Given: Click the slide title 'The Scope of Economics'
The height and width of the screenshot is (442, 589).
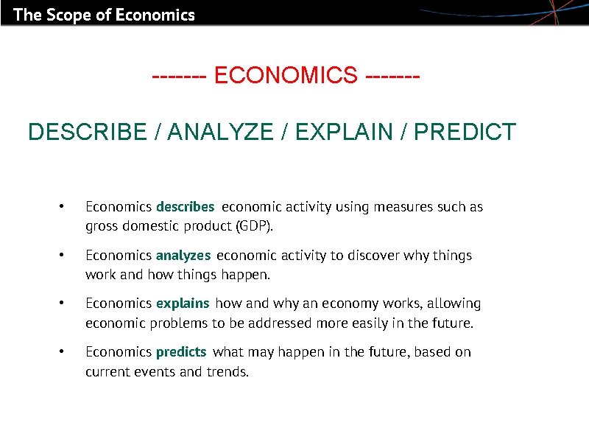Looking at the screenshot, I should [104, 14].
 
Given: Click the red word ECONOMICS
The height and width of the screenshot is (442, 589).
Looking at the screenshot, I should [286, 75].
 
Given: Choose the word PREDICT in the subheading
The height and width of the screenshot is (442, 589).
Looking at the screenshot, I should [465, 133].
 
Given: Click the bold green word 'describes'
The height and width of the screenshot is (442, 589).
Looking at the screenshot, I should [185, 207].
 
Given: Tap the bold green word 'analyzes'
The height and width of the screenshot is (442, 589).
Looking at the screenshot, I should [183, 256].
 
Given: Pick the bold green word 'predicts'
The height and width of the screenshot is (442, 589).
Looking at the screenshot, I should [181, 352].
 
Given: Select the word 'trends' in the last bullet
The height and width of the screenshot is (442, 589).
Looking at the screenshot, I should [227, 371].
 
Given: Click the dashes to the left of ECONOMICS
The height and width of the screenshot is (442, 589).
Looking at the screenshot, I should [179, 75].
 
